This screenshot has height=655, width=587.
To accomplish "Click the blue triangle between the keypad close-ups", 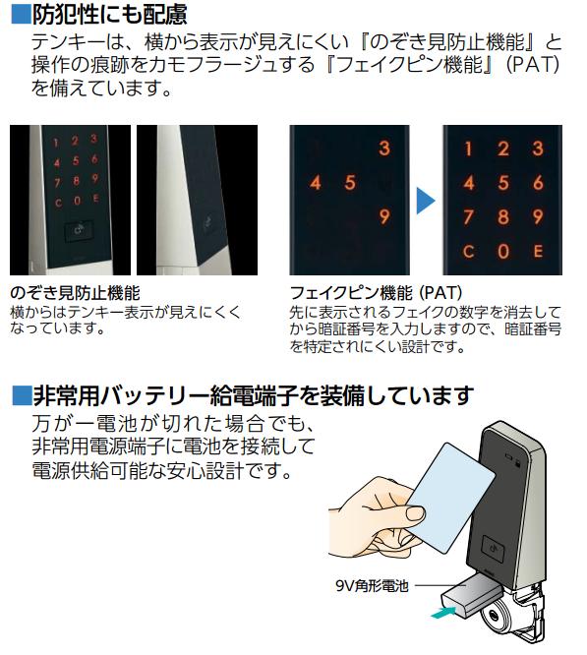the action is (425, 201).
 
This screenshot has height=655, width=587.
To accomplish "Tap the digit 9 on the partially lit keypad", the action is (384, 216).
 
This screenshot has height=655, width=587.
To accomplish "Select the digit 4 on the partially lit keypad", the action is (316, 183).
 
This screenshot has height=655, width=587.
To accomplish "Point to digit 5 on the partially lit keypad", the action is (350, 183).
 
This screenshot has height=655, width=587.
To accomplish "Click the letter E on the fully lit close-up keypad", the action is (538, 251).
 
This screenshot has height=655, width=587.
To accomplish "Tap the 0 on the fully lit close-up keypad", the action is (503, 251).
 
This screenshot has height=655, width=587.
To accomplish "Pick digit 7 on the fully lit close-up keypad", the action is (468, 216).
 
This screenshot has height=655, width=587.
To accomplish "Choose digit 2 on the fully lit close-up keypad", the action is (503, 149).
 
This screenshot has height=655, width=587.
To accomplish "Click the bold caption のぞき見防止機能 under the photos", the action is (75, 293).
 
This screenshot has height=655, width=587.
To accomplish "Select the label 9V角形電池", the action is (372, 585).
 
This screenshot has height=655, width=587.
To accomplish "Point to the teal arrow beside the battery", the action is (443, 613).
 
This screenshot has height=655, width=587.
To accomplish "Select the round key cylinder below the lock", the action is (495, 615).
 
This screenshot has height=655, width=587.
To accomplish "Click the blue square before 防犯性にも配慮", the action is (21, 14).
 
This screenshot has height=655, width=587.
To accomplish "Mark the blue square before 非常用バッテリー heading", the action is (23, 395).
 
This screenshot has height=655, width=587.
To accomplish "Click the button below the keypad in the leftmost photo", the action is (79, 230).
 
